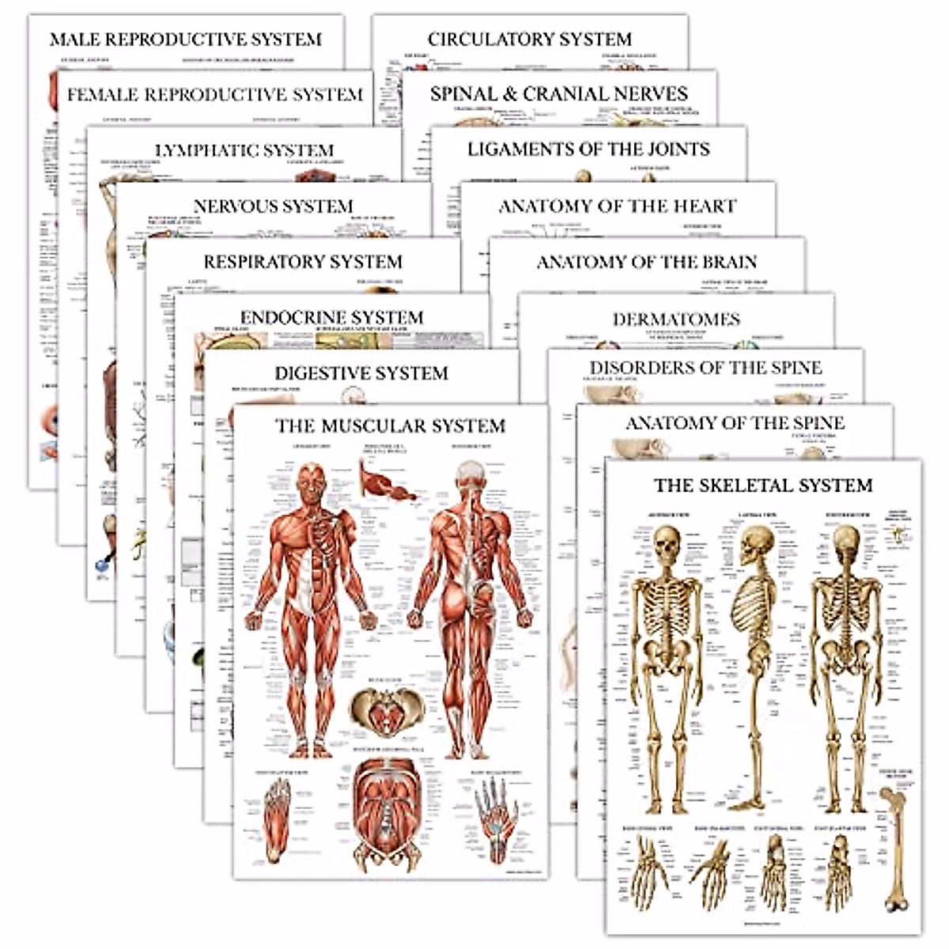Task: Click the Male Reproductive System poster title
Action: tap(186, 40)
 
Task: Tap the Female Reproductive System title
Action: tap(214, 95)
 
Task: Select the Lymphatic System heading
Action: tap(244, 150)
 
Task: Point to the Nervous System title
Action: tap(273, 206)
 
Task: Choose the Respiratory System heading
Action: tap(303, 262)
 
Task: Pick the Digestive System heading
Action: tap(361, 373)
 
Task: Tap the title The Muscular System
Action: tap(390, 426)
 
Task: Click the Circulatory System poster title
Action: tap(529, 39)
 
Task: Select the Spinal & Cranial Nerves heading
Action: tap(558, 94)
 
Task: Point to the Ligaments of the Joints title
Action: tap(588, 149)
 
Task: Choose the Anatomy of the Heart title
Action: tap(617, 206)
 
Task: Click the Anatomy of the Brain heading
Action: tap(647, 262)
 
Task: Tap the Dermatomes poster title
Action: tap(676, 319)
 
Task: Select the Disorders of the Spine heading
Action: tap(705, 368)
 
